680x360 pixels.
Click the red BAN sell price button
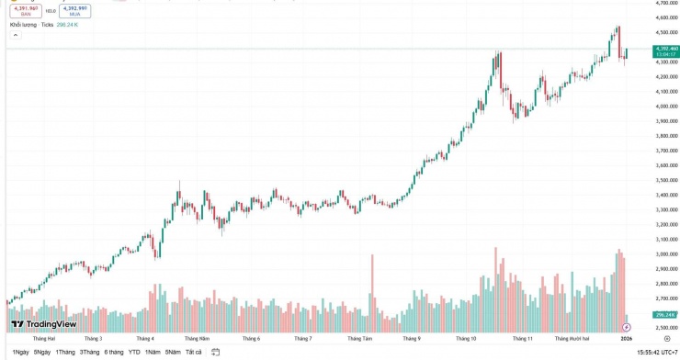26,10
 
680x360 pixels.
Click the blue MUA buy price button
74,10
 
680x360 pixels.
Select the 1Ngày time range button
20,352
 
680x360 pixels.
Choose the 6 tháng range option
114,352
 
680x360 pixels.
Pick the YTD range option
134,352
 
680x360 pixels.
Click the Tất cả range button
193,352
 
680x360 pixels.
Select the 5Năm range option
173,352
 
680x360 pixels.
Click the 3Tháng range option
89,352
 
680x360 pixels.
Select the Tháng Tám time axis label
360,338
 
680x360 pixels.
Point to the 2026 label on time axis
626,338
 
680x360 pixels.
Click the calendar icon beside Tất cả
214,352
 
